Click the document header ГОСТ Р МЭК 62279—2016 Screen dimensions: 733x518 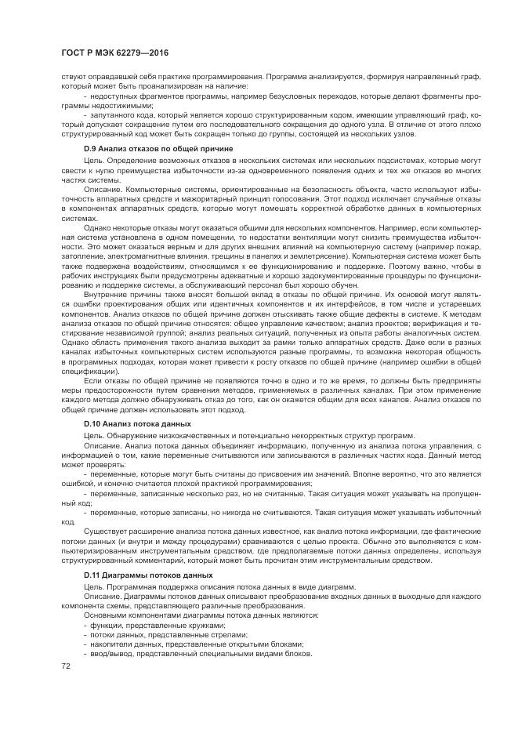tap(116, 53)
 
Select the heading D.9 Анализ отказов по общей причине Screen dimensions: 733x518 tap(149, 148)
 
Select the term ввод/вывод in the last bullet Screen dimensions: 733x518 tap(111, 654)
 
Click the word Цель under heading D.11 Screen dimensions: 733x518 tap(93, 586)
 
